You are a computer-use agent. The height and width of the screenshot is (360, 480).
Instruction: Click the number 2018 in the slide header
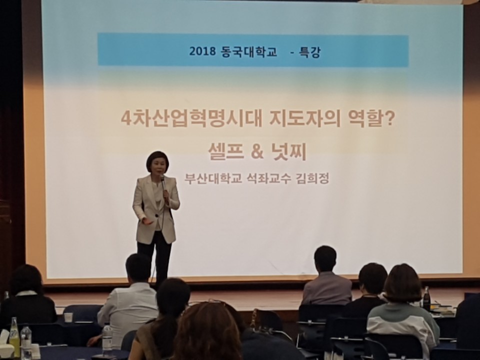pos(202,51)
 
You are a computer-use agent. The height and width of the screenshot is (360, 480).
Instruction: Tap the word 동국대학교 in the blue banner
pos(248,51)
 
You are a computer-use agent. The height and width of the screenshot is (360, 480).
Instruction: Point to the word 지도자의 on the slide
pos(305,119)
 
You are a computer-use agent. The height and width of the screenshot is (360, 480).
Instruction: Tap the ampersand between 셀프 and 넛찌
pos(257,152)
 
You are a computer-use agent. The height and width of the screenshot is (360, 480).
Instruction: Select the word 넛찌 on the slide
pos(288,151)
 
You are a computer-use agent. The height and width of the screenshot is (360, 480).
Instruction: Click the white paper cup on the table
pos(68,317)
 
